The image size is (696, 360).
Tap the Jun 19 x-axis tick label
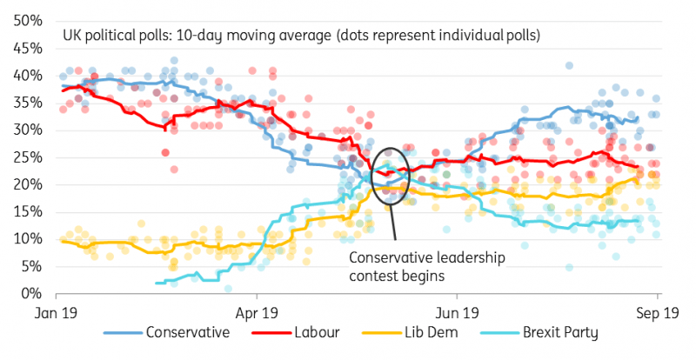point(458,311)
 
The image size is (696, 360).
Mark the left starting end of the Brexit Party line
point(157,283)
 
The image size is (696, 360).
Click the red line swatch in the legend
point(272,332)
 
